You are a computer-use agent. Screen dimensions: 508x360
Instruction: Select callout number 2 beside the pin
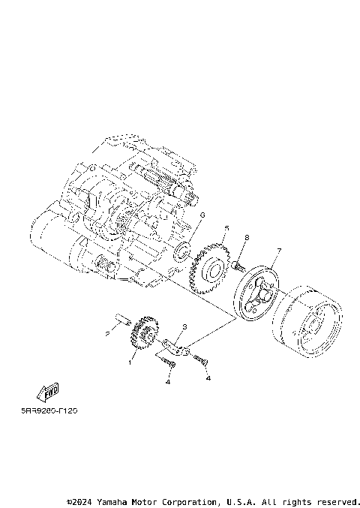click(107, 332)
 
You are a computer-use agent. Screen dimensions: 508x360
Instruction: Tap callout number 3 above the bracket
click(184, 327)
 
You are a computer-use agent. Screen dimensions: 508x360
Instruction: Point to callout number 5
click(226, 228)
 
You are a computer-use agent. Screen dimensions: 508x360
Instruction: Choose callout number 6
click(202, 215)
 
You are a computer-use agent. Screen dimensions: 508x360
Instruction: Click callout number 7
click(278, 250)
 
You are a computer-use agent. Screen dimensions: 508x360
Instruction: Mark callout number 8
click(246, 238)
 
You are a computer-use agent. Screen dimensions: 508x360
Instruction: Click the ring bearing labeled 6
click(182, 251)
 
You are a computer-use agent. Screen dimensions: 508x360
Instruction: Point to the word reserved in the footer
click(336, 501)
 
